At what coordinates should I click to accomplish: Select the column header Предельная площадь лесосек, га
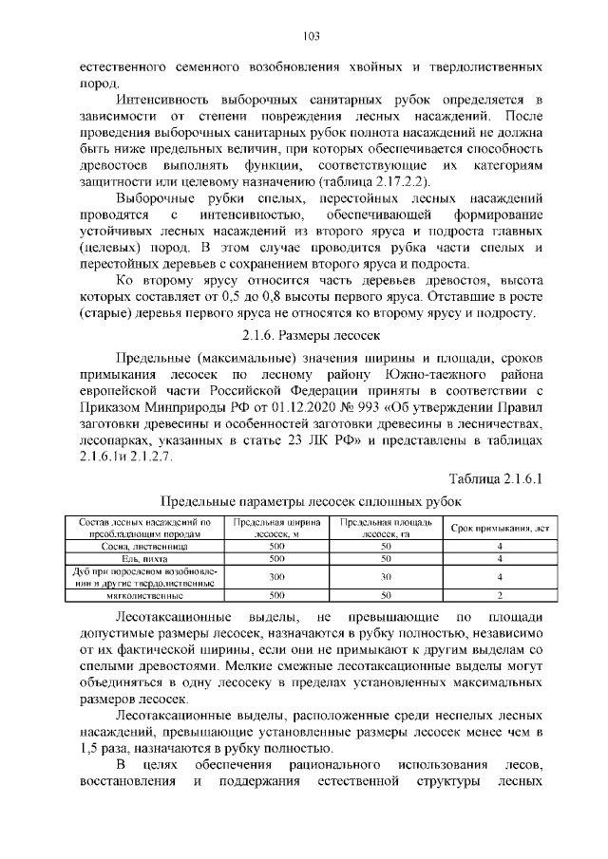[386, 527]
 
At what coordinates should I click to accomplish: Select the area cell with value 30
[386, 577]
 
